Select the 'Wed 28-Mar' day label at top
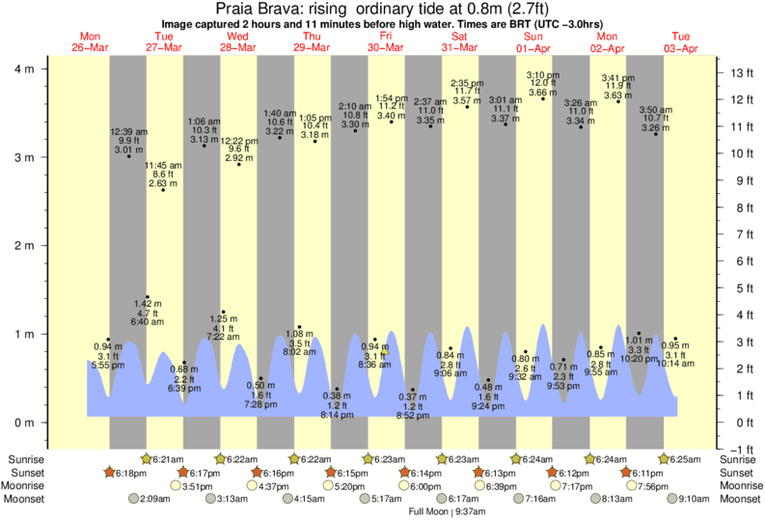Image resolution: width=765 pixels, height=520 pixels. click(238, 41)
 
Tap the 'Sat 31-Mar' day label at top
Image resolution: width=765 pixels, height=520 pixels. click(460, 41)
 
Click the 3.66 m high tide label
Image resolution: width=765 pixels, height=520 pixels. click(541, 92)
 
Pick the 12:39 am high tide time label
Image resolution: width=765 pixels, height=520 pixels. click(127, 130)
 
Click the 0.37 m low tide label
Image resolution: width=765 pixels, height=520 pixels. click(412, 397)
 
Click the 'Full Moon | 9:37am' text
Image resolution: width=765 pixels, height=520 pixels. click(451, 512)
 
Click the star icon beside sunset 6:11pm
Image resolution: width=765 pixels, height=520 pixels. click(627, 473)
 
